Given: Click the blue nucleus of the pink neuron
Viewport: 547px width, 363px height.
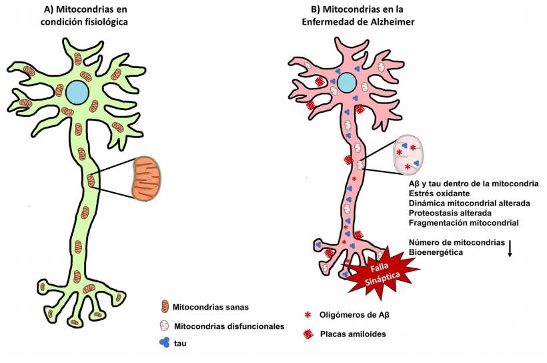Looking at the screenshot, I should pos(346,83).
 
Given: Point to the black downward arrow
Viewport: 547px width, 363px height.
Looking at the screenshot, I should pos(510,248).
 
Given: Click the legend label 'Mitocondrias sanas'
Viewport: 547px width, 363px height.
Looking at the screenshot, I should pos(210,308).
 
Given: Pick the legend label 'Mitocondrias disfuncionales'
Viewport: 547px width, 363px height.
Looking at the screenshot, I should pos(229,326).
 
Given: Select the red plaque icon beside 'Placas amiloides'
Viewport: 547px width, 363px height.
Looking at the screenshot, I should pos(308,333).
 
